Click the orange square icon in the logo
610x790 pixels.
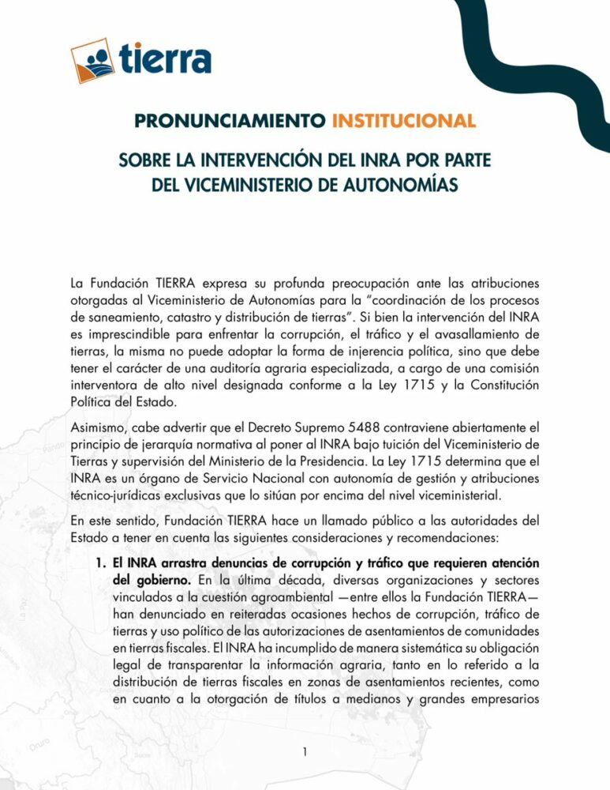pyautogui.click(x=94, y=61)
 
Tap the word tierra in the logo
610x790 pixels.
pyautogui.click(x=166, y=58)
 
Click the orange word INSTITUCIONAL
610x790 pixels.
pyautogui.click(x=403, y=122)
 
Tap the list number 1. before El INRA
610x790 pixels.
pyautogui.click(x=100, y=563)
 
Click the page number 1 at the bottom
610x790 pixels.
pyautogui.click(x=305, y=752)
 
